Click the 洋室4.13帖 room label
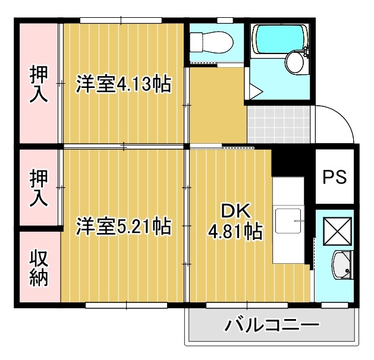[x=123, y=84]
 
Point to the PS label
[x=335, y=178]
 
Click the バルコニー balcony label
[x=272, y=326]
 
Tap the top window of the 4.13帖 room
[x=121, y=21]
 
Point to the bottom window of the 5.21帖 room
[x=127, y=305]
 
